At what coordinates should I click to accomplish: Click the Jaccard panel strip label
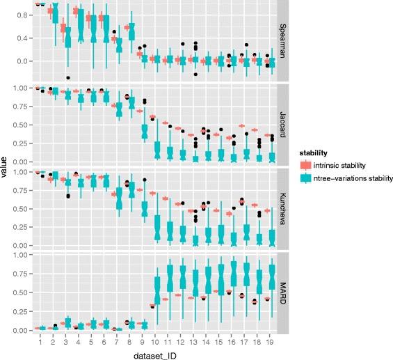284,124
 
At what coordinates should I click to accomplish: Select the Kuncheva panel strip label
284,208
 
